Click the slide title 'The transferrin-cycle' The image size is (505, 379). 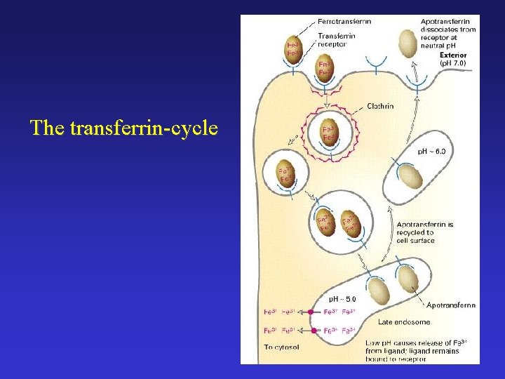coord(124,128)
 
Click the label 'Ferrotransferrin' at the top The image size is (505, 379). coord(344,21)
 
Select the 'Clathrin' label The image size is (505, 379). coord(380,107)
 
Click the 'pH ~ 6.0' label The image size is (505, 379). coord(433,152)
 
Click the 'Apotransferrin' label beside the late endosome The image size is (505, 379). coord(450,305)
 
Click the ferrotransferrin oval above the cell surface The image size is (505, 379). coord(294,48)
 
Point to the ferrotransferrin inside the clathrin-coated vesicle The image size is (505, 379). coord(328,133)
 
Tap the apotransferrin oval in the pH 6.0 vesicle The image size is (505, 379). coord(411,175)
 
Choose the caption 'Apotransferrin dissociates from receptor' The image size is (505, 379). coord(447,29)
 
